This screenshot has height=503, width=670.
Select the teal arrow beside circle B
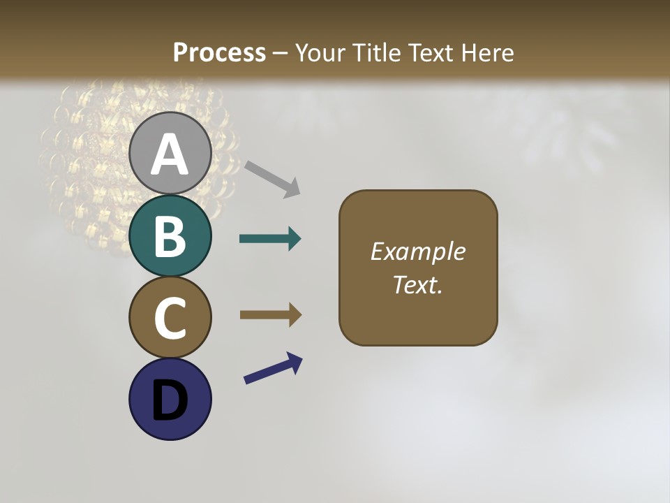tap(270, 239)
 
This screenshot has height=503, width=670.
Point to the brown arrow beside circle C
tap(270, 315)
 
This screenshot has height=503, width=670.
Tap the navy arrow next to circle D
tap(273, 368)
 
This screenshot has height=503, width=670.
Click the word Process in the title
tap(219, 53)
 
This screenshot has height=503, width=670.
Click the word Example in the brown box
tap(418, 251)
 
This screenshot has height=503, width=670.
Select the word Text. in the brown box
tap(418, 285)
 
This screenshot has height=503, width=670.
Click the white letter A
tap(170, 155)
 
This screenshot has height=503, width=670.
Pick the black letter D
tap(170, 401)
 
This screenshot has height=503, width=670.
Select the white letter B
tap(170, 237)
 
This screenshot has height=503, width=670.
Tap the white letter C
tap(170, 319)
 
